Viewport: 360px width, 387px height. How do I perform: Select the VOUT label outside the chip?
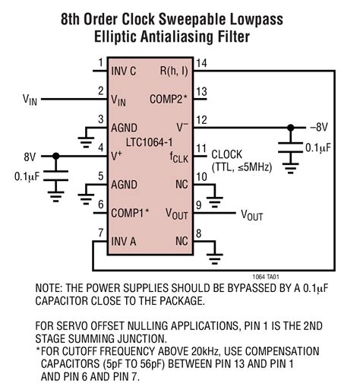(x=252, y=215)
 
